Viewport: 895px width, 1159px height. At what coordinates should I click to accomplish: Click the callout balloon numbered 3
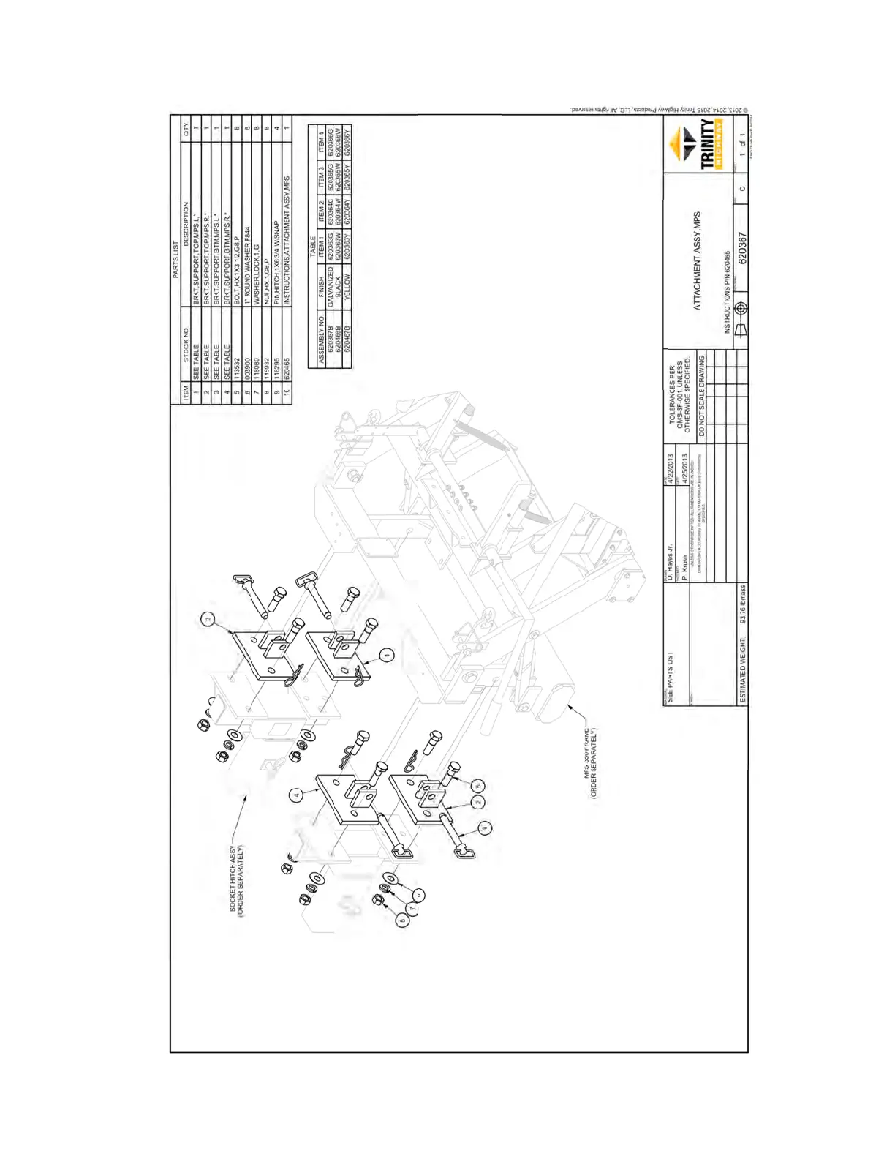click(208, 620)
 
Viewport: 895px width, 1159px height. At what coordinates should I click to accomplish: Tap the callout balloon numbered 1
click(387, 655)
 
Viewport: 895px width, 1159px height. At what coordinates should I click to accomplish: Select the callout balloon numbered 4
click(296, 795)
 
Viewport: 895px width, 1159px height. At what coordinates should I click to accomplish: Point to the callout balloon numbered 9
click(485, 828)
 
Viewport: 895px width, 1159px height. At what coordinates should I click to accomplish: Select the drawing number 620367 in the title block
click(741, 248)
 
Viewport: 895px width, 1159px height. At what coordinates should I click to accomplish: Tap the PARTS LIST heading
click(175, 259)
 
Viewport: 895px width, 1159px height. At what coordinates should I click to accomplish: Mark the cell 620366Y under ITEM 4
click(347, 143)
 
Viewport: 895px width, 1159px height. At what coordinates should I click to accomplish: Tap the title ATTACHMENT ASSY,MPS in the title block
click(697, 261)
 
